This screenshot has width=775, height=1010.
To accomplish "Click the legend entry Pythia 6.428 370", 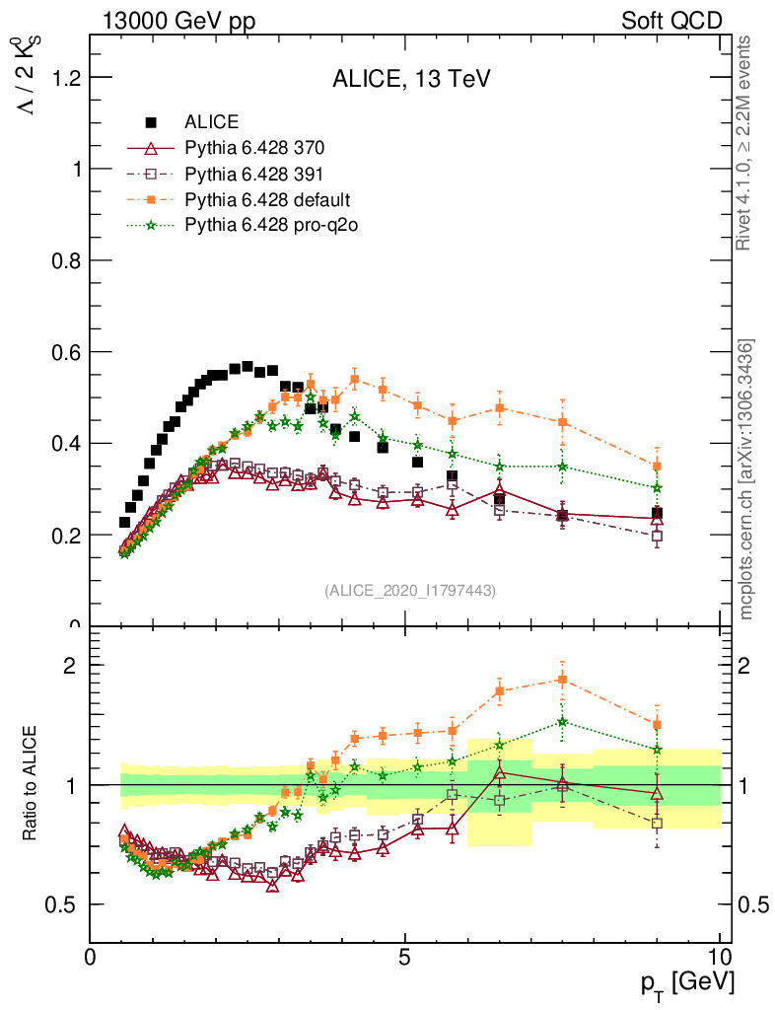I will pos(254,149).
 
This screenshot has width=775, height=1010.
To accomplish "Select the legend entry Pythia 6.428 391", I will pos(254,175).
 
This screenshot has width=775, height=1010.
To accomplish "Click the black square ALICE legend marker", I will pos(151,123).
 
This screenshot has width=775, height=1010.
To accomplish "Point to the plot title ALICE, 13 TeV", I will pos(411,79).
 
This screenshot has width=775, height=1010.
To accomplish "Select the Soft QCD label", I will pos(671,21).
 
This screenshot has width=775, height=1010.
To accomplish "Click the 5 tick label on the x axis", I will pos(405,957).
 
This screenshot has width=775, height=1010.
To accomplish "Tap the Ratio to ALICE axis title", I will pos(33,784).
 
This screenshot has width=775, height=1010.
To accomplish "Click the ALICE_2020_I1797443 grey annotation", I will pos(410,590).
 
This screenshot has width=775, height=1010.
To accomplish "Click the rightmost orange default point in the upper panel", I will pos(657,466).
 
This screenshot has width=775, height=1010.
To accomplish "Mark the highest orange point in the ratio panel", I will pos(562,680).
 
